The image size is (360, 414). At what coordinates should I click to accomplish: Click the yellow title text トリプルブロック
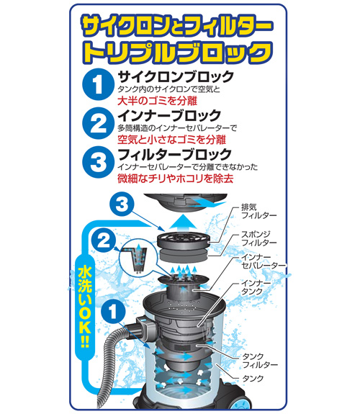[x=180, y=52]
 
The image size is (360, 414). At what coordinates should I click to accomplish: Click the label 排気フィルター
[x=257, y=210]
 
